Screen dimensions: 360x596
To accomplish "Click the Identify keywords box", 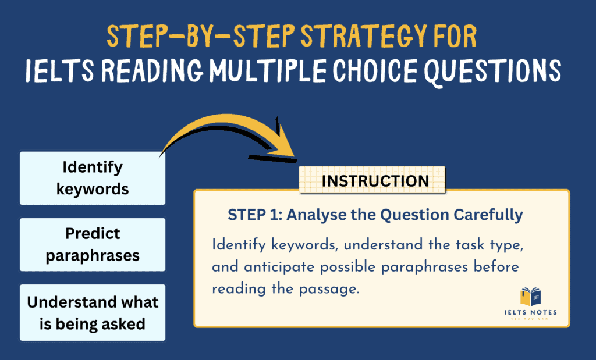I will [x=93, y=178].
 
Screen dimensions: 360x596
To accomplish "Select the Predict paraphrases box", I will [x=93, y=244].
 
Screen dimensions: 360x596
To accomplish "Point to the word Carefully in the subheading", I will [x=491, y=215].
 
